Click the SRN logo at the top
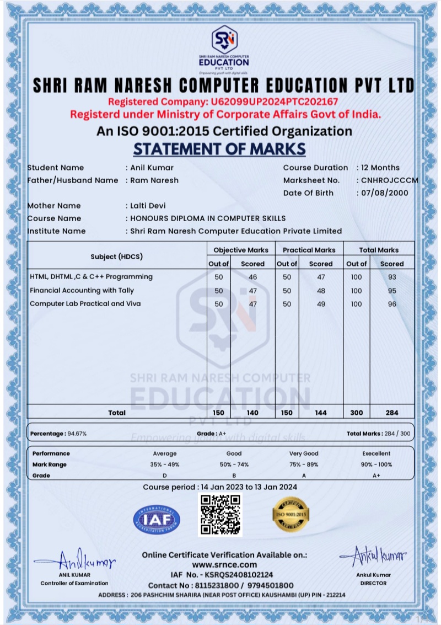(x=224, y=37)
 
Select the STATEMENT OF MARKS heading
(x=219, y=149)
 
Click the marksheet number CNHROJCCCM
(x=389, y=180)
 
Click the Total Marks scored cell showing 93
(x=392, y=276)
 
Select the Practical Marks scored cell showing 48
(x=321, y=291)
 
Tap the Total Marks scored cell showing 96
(x=392, y=304)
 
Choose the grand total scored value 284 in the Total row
(x=392, y=413)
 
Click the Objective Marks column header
(x=240, y=250)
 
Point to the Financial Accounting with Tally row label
(x=82, y=291)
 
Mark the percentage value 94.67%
(x=77, y=434)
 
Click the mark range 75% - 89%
(x=304, y=464)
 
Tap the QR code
(x=220, y=515)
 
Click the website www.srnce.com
(x=224, y=565)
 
